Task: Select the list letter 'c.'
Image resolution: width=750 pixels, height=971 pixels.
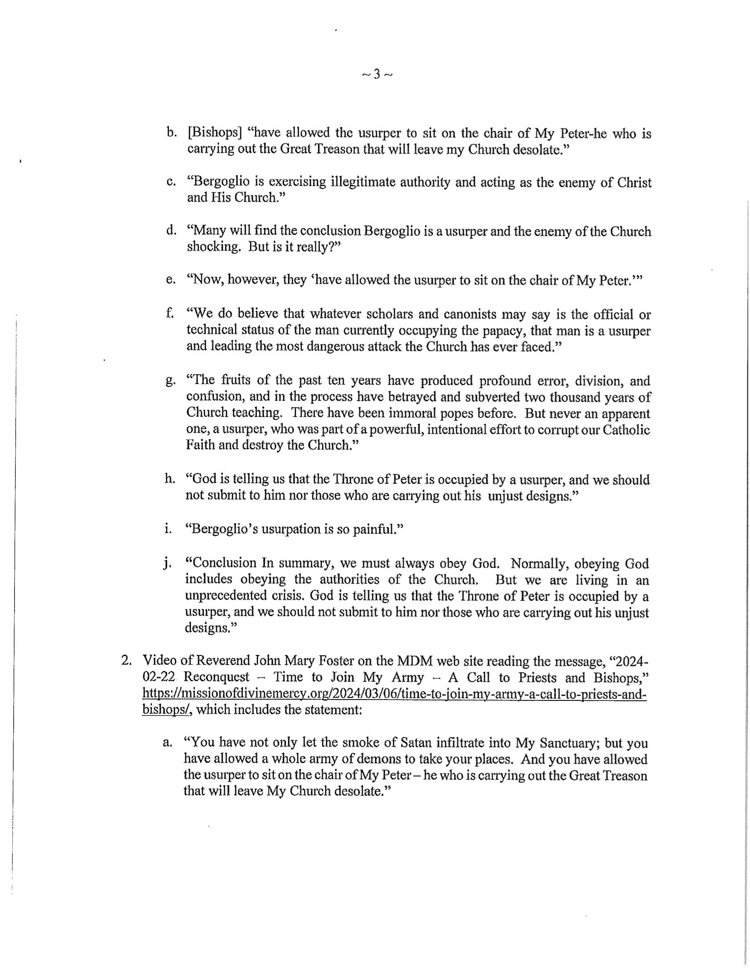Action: (171, 182)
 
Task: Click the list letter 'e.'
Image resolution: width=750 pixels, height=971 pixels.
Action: (170, 280)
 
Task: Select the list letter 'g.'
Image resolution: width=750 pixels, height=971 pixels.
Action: (170, 381)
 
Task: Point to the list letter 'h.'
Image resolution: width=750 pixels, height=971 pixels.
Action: (170, 479)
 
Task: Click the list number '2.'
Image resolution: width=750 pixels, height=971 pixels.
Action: (127, 661)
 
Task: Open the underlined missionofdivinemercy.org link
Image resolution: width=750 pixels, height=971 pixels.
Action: (394, 693)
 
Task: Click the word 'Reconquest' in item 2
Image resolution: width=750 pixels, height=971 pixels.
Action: (216, 677)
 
